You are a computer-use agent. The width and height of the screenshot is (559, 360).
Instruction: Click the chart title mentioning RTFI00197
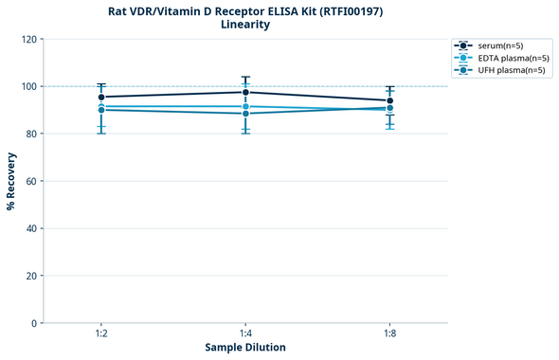[244, 10]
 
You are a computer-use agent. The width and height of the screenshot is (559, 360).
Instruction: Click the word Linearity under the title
[244, 25]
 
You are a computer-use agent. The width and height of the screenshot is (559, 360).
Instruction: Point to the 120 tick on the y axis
[29, 40]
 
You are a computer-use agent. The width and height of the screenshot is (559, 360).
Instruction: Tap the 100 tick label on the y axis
[29, 87]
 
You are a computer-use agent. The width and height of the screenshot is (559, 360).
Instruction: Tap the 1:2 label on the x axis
[101, 334]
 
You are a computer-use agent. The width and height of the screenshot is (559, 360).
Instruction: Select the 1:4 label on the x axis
[245, 334]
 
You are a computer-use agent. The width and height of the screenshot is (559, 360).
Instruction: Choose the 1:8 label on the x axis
[389, 334]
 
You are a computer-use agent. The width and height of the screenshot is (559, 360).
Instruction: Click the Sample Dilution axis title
[245, 348]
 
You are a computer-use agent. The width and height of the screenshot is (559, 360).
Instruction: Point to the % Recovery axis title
[11, 181]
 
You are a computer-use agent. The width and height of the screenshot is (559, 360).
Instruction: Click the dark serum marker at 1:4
[245, 92]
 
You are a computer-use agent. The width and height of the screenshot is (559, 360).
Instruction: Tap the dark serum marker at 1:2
[101, 97]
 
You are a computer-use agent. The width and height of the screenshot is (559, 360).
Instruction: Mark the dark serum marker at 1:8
[389, 100]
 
